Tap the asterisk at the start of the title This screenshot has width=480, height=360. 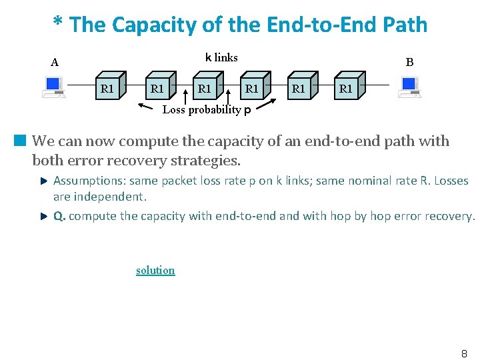point(59,25)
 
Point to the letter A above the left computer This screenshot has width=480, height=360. point(55,63)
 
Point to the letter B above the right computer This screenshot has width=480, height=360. point(409,62)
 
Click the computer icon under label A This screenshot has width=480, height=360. point(53,87)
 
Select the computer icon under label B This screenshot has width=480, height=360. point(409,87)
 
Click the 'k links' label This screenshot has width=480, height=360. point(221,57)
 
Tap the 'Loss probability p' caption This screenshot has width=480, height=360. point(207,110)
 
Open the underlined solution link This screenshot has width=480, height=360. point(155,270)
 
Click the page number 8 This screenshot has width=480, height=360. point(464,354)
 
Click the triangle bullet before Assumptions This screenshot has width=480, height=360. point(43,181)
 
